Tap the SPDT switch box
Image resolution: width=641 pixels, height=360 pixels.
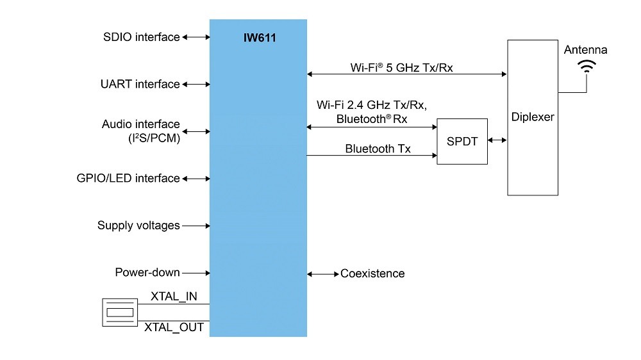[462, 142]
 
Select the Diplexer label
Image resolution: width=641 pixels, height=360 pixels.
[533, 118]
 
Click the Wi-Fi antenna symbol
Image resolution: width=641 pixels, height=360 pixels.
[586, 65]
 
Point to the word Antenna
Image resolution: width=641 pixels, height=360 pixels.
[585, 49]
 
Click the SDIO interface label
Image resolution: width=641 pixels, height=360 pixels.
[141, 37]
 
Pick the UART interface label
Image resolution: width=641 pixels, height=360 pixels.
[140, 84]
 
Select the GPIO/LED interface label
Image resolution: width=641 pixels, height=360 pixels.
[128, 178]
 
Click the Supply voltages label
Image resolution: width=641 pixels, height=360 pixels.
[138, 225]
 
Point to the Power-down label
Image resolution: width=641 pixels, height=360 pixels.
[147, 272]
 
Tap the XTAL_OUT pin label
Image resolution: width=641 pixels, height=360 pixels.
[174, 328]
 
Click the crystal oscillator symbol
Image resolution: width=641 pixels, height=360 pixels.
[120, 312]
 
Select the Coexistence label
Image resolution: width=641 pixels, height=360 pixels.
[372, 274]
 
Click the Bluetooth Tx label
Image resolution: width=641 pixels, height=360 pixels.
[378, 149]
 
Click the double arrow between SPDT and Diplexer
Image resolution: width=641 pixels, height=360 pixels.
[497, 141]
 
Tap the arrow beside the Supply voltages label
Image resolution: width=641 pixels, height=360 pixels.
[196, 225]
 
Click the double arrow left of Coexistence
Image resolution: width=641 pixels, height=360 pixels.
[323, 274]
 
